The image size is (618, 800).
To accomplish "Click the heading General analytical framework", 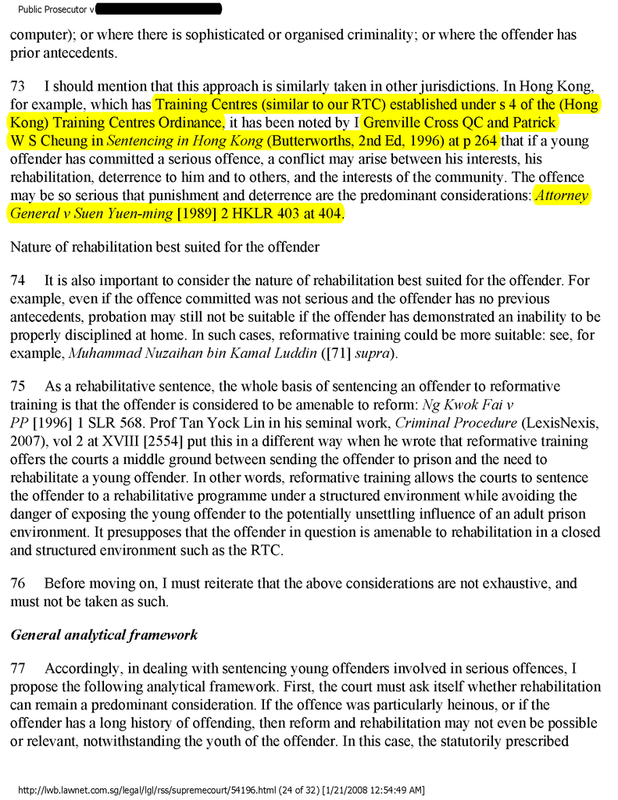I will (x=104, y=634).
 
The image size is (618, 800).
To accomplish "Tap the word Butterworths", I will (x=311, y=141).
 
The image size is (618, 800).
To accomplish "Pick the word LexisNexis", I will (x=555, y=424).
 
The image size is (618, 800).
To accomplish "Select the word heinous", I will (x=468, y=705).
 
